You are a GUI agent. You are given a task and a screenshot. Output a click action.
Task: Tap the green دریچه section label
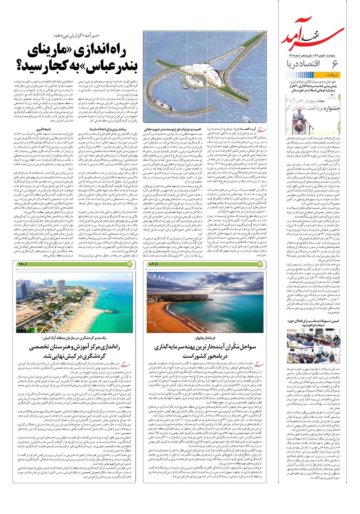[x=22, y=264]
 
